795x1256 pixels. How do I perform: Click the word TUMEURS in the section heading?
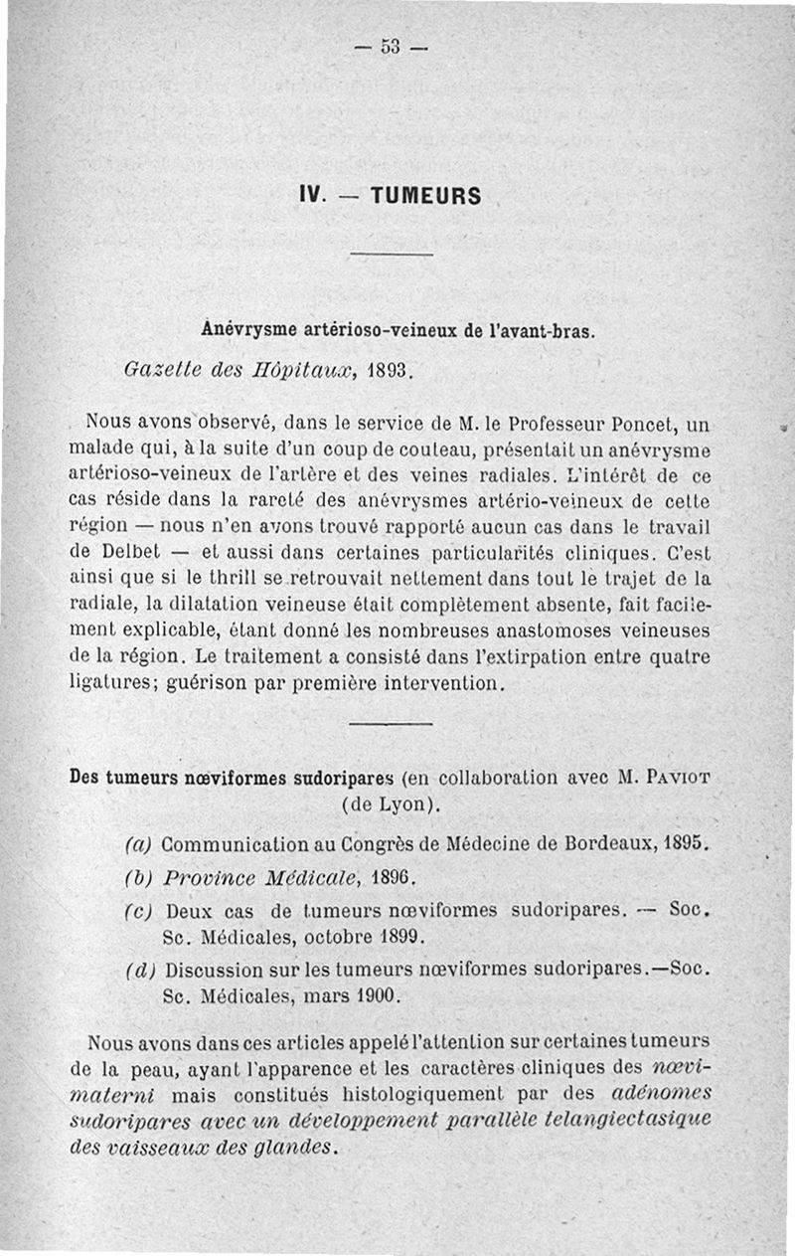[x=426, y=196]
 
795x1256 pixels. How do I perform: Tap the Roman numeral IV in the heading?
[x=314, y=196]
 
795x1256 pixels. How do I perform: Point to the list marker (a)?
[x=138, y=844]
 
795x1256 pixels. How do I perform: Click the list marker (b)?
[x=138, y=879]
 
